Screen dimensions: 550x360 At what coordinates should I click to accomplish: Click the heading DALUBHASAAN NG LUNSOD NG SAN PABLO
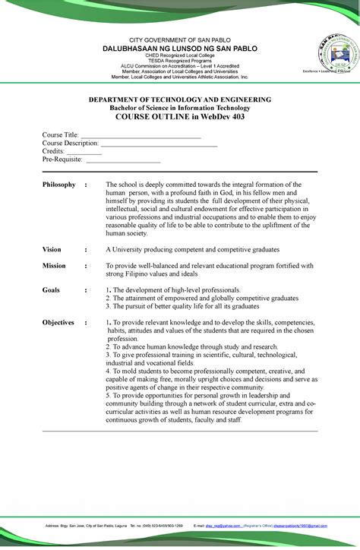point(180,48)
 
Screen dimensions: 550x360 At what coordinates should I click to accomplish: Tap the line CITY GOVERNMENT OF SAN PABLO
point(180,40)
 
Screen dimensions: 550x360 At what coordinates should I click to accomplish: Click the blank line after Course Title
point(141,136)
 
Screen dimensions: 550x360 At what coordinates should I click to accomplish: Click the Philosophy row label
point(59,185)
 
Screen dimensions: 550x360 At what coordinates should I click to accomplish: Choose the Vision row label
point(52,249)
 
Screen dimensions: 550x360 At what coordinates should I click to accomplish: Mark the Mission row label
point(54,266)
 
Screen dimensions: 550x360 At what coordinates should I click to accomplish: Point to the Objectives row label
point(58,323)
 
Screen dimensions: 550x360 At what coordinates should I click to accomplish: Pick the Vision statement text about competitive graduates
point(192,249)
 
